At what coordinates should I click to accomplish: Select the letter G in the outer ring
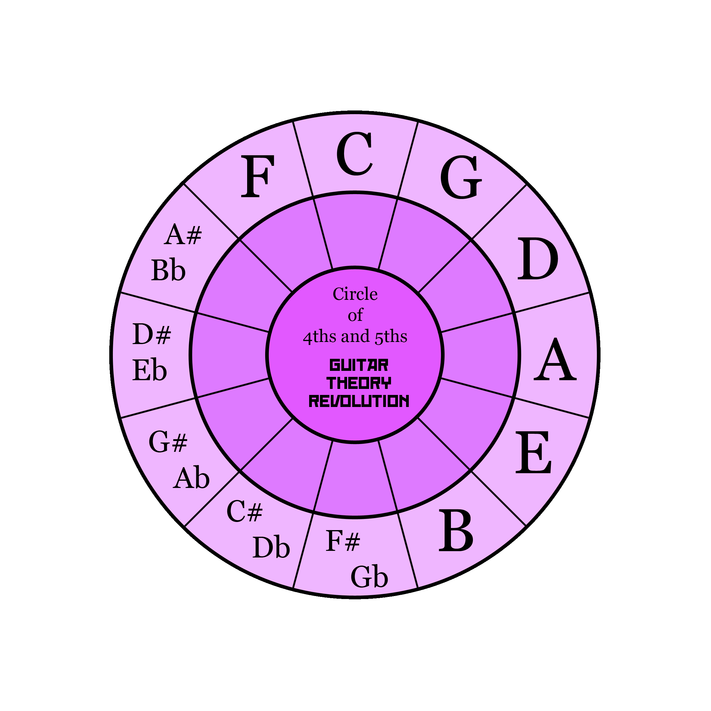(461, 177)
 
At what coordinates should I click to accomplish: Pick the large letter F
(257, 176)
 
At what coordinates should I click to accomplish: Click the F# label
(343, 541)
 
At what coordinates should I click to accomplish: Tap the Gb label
(369, 577)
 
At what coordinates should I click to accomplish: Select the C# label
(244, 511)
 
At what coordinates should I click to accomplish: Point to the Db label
(271, 547)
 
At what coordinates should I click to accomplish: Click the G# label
(168, 442)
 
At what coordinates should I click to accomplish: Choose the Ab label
(191, 478)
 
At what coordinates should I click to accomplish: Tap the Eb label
(149, 370)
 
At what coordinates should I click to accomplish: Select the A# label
(183, 234)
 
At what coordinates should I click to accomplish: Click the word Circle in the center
(355, 294)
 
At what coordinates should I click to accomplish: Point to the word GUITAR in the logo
(359, 365)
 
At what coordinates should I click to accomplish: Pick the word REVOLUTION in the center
(359, 401)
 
